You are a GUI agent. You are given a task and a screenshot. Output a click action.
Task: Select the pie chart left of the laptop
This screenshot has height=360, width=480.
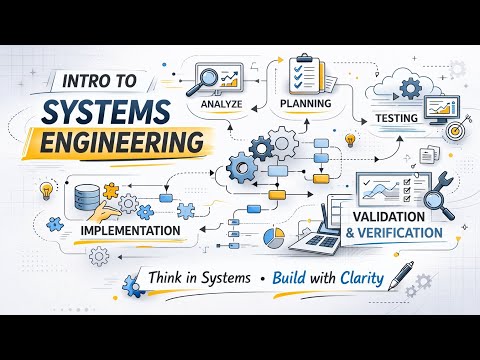pos(271,237)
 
